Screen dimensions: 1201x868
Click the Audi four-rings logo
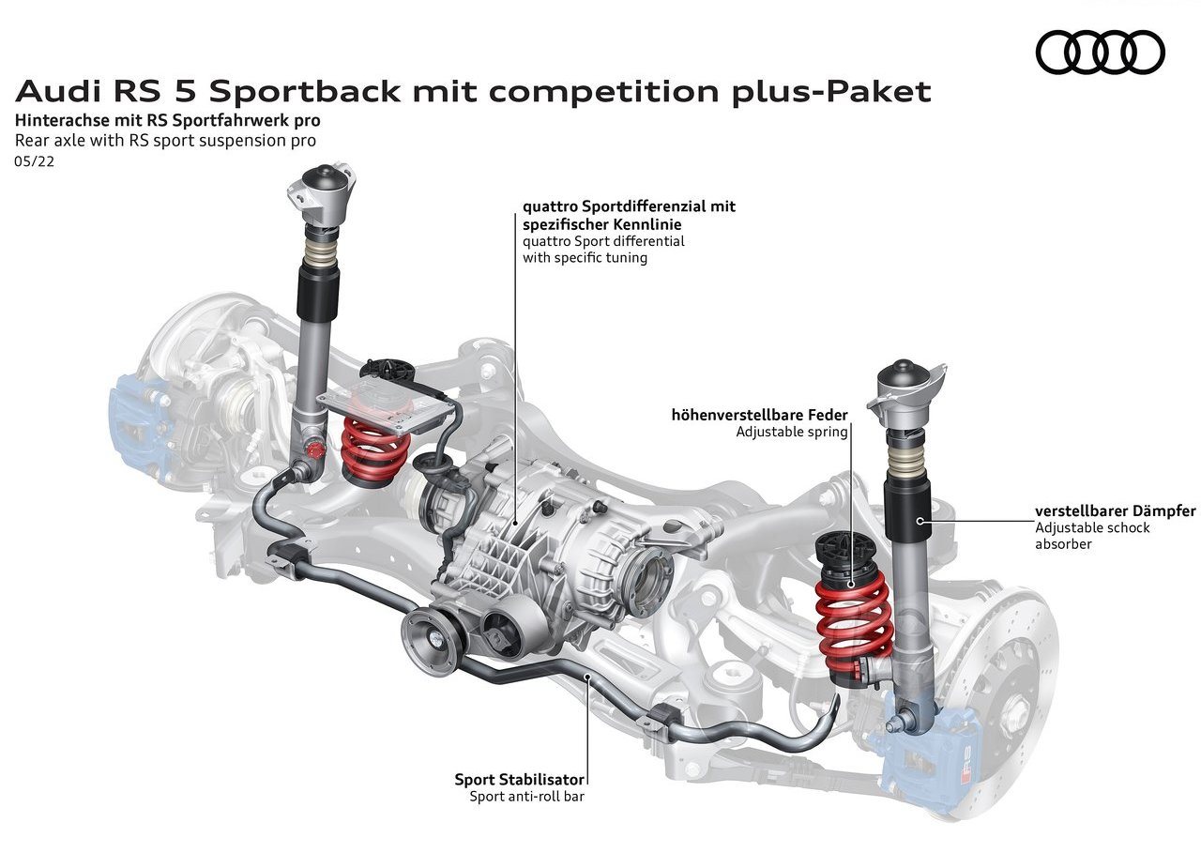[x=1101, y=52]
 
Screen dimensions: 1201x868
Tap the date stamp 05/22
[x=35, y=161]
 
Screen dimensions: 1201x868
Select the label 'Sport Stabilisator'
[x=519, y=779]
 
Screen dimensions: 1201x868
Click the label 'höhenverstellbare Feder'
[x=760, y=415]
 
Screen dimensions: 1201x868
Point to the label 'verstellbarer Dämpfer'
[x=1116, y=510]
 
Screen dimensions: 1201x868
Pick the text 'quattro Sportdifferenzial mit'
[x=629, y=206]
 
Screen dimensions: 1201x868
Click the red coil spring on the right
[x=854, y=626]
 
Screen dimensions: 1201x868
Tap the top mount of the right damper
[x=906, y=394]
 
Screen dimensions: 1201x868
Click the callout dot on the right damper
[x=920, y=520]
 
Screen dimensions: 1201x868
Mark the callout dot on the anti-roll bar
[x=587, y=677]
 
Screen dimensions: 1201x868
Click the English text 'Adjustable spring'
[x=791, y=432]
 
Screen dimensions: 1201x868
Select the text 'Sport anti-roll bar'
[x=527, y=796]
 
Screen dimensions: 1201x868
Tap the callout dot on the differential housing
[x=516, y=522]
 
